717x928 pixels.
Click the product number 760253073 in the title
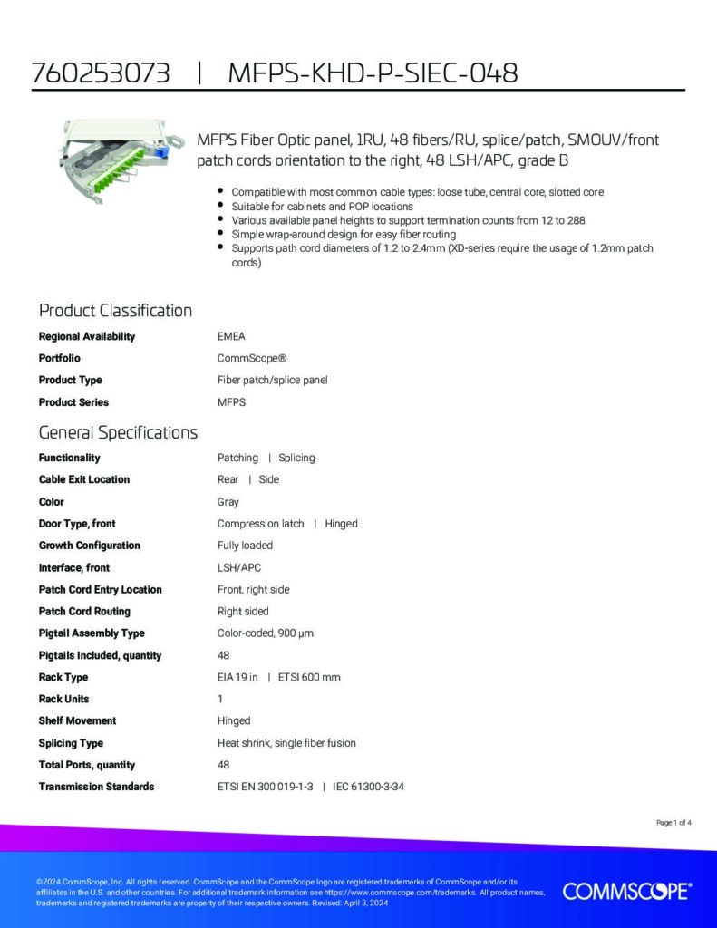(101, 73)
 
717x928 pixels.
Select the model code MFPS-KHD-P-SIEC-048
(373, 73)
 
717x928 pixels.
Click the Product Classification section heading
(115, 311)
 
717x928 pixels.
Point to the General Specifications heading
(118, 432)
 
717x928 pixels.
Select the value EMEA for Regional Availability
(231, 336)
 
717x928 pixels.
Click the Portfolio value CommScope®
(252, 358)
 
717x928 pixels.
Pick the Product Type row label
(70, 380)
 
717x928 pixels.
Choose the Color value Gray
(228, 501)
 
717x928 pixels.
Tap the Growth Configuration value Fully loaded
(245, 546)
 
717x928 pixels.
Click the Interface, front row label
(73, 567)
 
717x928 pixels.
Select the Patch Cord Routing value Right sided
(243, 611)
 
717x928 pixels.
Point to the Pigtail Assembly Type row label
(92, 633)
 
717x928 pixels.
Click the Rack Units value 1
(220, 699)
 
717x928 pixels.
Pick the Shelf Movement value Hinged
(234, 720)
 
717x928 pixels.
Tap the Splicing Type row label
(71, 742)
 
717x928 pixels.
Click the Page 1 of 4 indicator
(673, 823)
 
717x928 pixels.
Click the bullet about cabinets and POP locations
(322, 207)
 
